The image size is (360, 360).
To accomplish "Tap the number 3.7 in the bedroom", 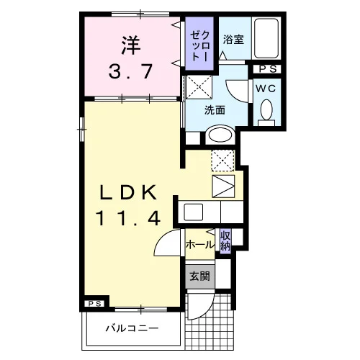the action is (x=131, y=71).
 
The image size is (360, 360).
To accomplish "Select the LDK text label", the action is (x=128, y=192).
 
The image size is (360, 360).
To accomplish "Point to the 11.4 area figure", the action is (x=128, y=217).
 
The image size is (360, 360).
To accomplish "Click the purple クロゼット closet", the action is (x=199, y=43).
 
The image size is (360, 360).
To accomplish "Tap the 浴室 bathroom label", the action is (x=233, y=40).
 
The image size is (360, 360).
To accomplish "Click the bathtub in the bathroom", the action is (x=266, y=38).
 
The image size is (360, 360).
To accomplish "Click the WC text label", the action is (x=266, y=89).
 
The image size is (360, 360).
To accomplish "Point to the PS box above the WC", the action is (x=267, y=69).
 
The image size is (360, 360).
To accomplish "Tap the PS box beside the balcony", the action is (x=94, y=303).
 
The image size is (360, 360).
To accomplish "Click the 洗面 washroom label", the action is (x=215, y=110).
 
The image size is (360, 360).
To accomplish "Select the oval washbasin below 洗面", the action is (x=220, y=135).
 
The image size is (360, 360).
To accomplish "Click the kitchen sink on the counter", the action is (x=193, y=212).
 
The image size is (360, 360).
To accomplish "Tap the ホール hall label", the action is (x=199, y=245).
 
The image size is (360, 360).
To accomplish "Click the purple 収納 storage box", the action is (x=225, y=241).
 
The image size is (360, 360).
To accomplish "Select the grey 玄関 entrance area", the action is (x=200, y=276).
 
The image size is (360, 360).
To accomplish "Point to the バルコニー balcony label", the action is (x=132, y=328).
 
